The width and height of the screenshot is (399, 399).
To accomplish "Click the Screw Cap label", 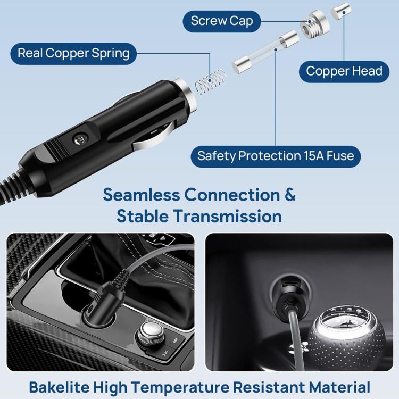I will pos(222,21).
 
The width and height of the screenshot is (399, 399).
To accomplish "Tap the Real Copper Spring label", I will pos(73,54).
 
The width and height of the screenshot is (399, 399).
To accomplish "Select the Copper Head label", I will pos(344,71).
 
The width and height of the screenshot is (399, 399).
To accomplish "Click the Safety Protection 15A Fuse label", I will pos(276,156).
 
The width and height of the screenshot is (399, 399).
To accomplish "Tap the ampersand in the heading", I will pos(289,194).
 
